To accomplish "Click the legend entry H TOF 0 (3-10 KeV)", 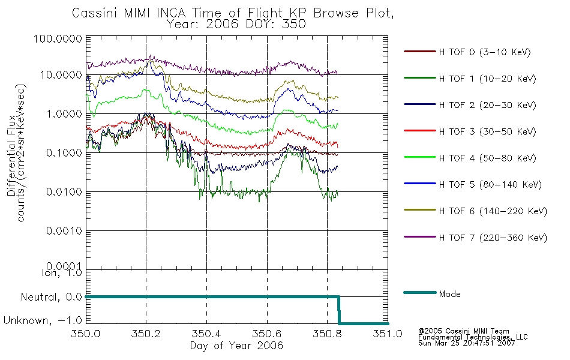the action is tap(485, 52).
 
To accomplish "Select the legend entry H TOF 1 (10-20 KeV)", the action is tap(487, 79).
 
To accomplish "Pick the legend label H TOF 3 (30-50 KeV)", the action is tap(487, 131).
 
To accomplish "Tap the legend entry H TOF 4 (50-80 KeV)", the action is tap(487, 158).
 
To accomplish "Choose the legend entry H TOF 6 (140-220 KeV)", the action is tap(493, 211).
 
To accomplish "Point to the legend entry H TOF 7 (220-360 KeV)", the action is tap(493, 238).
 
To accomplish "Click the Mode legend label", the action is tap(449, 294).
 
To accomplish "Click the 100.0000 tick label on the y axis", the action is tap(58, 38).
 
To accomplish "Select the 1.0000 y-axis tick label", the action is tap(64, 114).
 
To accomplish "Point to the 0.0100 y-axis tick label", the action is tap(64, 191).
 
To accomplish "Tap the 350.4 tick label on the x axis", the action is tap(206, 334).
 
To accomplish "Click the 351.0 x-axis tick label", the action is tap(388, 334).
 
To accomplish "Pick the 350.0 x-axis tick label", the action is tap(86, 334).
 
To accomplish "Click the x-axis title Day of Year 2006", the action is tap(236, 346).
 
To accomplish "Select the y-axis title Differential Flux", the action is tap(11, 155).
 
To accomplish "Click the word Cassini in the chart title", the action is tap(95, 13).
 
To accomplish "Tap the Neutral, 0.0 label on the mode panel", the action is tap(51, 297).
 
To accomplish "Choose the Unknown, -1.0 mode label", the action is tap(43, 320).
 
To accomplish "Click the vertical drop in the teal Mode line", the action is tap(339, 310).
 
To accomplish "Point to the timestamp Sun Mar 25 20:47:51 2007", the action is tap(466, 343).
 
